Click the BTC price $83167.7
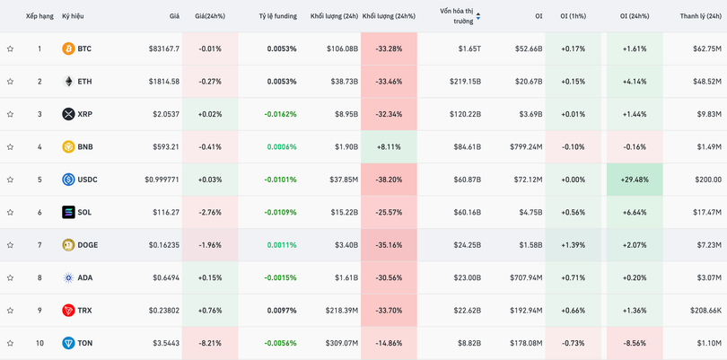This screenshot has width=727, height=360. click(x=163, y=48)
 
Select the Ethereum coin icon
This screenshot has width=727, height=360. click(x=68, y=82)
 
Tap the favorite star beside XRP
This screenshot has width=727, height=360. click(x=10, y=114)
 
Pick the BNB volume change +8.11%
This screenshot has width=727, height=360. click(x=389, y=147)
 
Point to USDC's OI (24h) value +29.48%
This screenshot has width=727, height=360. click(x=634, y=180)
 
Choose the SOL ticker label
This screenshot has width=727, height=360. click(x=84, y=213)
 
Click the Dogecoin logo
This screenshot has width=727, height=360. click(x=68, y=245)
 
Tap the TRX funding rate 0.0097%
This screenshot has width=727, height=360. click(x=281, y=311)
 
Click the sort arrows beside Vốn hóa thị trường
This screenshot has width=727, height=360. click(x=478, y=16)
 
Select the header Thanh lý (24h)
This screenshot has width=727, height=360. click(x=701, y=16)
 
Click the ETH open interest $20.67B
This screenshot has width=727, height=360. click(x=528, y=82)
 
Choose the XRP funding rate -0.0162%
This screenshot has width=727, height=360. click(x=280, y=114)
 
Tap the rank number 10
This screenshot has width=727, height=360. click(x=39, y=343)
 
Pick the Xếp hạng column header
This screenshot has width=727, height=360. click(x=39, y=16)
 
